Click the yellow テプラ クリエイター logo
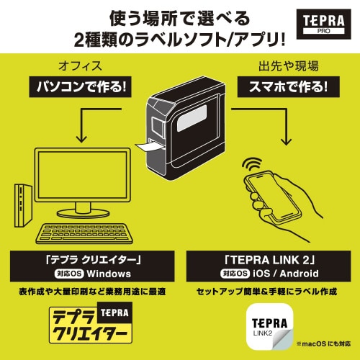coord(91,325)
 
